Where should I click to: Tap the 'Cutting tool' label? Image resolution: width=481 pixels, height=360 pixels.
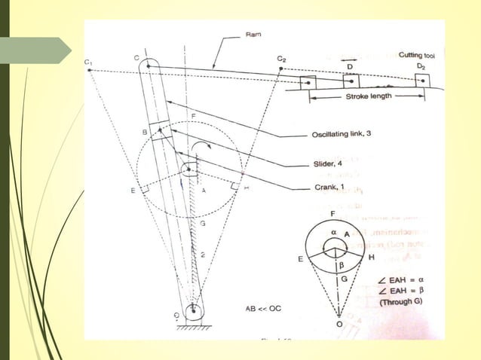pos(420,54)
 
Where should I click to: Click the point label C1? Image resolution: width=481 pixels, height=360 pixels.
pos(88,61)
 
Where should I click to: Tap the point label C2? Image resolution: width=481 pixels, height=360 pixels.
pos(281,58)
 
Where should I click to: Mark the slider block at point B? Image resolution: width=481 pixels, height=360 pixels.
pos(161,130)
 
